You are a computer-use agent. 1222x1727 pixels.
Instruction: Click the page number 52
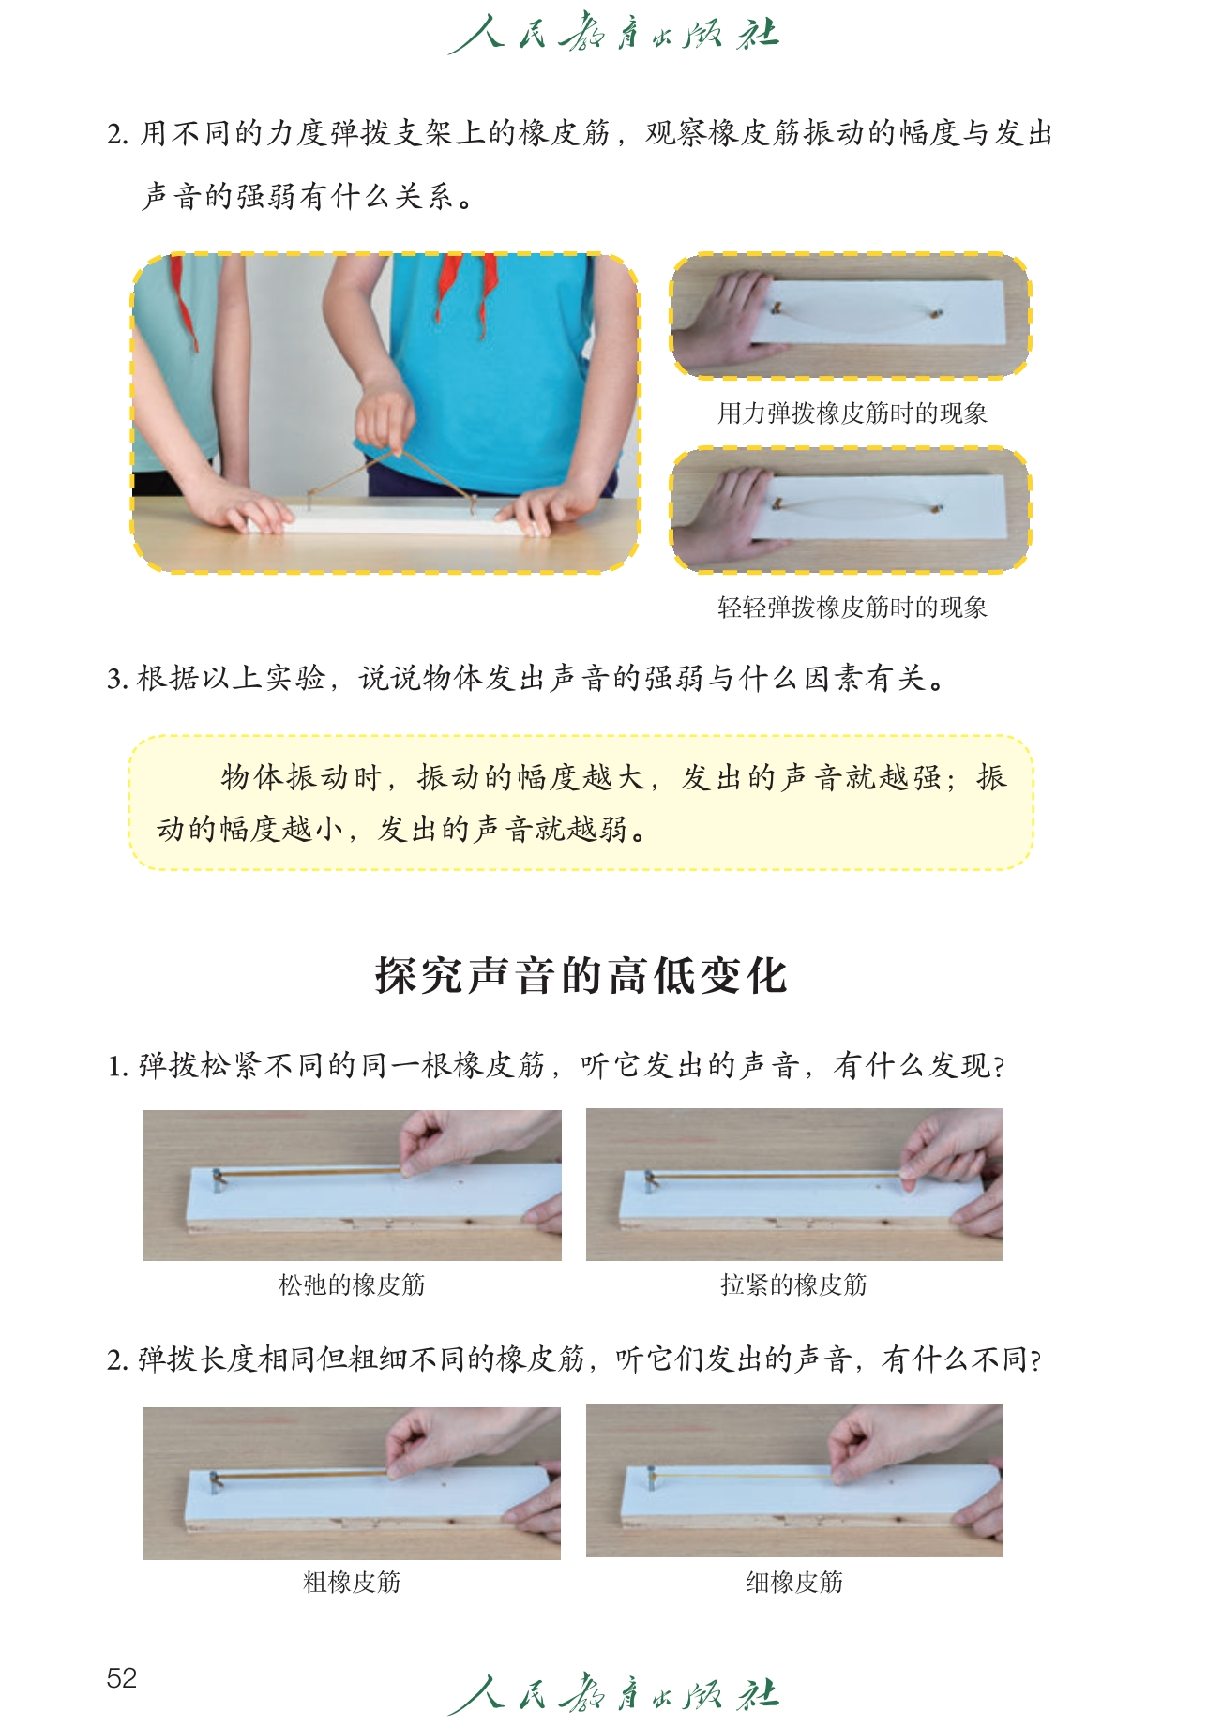pyautogui.click(x=122, y=1677)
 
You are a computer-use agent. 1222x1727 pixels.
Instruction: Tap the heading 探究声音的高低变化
pyautogui.click(x=581, y=975)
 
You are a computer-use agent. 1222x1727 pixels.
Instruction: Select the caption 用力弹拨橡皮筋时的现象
pyautogui.click(x=852, y=413)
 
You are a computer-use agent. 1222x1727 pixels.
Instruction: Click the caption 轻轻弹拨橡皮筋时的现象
pyautogui.click(x=852, y=607)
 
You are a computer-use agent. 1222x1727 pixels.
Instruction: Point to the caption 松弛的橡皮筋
pyautogui.click(x=352, y=1284)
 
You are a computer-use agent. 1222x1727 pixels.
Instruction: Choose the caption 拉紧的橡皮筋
pyautogui.click(x=793, y=1284)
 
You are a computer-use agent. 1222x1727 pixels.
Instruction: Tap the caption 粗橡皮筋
pyautogui.click(x=352, y=1582)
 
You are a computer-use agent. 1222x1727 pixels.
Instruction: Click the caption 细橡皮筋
pyautogui.click(x=794, y=1582)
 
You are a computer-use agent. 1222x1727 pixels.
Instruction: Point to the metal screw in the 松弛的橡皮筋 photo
pyautogui.click(x=218, y=1179)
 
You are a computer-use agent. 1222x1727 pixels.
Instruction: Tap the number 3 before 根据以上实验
pyautogui.click(x=114, y=678)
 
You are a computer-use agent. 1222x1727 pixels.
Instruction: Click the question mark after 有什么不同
pyautogui.click(x=1035, y=1360)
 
